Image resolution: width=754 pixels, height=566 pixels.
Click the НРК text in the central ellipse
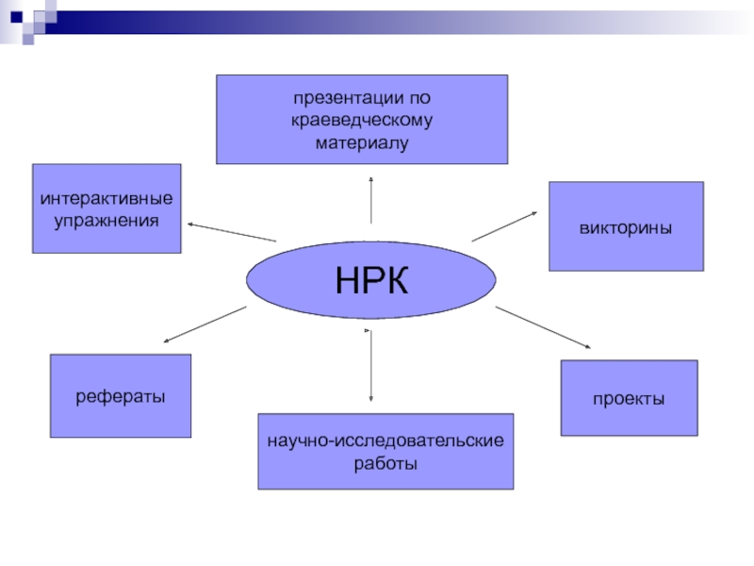tap(371, 280)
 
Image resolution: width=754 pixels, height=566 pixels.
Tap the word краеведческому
tap(362, 122)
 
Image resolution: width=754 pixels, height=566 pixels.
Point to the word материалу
tap(362, 143)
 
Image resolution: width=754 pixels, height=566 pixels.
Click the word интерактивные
tap(107, 199)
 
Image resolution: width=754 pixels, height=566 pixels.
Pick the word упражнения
tap(107, 220)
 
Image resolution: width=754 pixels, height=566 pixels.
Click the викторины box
tap(626, 226)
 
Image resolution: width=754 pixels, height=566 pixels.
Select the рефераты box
tap(121, 395)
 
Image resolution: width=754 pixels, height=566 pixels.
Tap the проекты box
tap(629, 397)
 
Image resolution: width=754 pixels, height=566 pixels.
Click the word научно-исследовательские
tap(385, 441)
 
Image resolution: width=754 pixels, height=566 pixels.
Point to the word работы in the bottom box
tap(385, 463)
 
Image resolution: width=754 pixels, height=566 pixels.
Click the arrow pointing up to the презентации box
tap(371, 200)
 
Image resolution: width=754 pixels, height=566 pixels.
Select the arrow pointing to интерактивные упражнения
tap(232, 232)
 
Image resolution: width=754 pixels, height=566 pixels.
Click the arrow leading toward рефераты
tap(205, 325)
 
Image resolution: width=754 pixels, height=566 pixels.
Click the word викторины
tap(626, 227)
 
